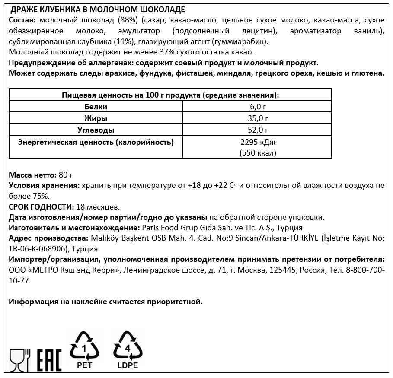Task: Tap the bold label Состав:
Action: tap(22, 21)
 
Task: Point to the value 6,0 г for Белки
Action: tap(257, 107)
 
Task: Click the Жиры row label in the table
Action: tap(96, 118)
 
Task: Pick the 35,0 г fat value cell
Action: tap(257, 118)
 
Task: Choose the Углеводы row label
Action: tap(96, 130)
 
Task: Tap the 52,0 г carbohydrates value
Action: tap(257, 130)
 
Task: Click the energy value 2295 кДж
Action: tap(257, 142)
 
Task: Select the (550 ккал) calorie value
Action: tap(257, 153)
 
